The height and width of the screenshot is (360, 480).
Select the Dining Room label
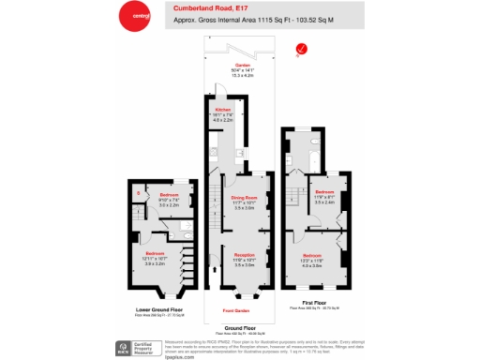pyautogui.click(x=244, y=198)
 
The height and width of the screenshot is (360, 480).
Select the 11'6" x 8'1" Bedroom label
pyautogui.click(x=325, y=194)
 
